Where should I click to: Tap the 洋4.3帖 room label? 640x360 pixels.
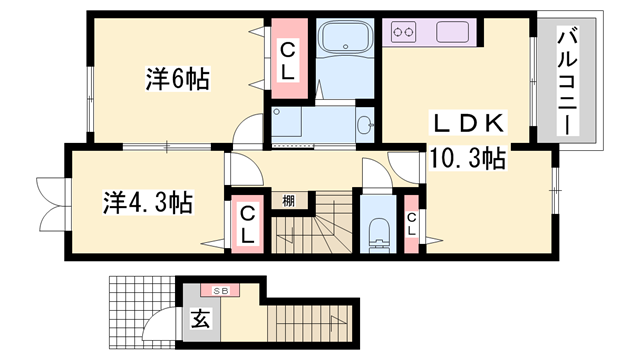tap(147, 201)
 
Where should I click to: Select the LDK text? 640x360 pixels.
tap(470, 124)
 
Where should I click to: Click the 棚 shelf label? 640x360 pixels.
tap(288, 200)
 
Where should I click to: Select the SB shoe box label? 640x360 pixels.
tap(219, 290)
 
